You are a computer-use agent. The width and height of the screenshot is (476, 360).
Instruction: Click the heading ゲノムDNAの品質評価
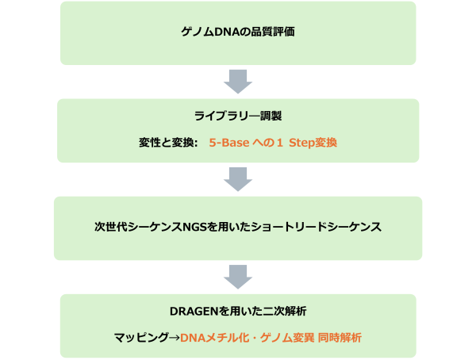(x=238, y=33)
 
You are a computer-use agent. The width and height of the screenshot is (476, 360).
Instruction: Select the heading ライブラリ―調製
(x=238, y=116)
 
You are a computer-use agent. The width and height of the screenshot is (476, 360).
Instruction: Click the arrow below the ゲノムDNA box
(x=238, y=81)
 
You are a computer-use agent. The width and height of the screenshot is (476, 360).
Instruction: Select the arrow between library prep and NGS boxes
(x=238, y=178)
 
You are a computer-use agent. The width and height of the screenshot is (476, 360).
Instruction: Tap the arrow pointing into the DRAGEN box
(x=238, y=276)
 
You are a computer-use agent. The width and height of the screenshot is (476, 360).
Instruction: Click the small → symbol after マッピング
(x=173, y=338)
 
